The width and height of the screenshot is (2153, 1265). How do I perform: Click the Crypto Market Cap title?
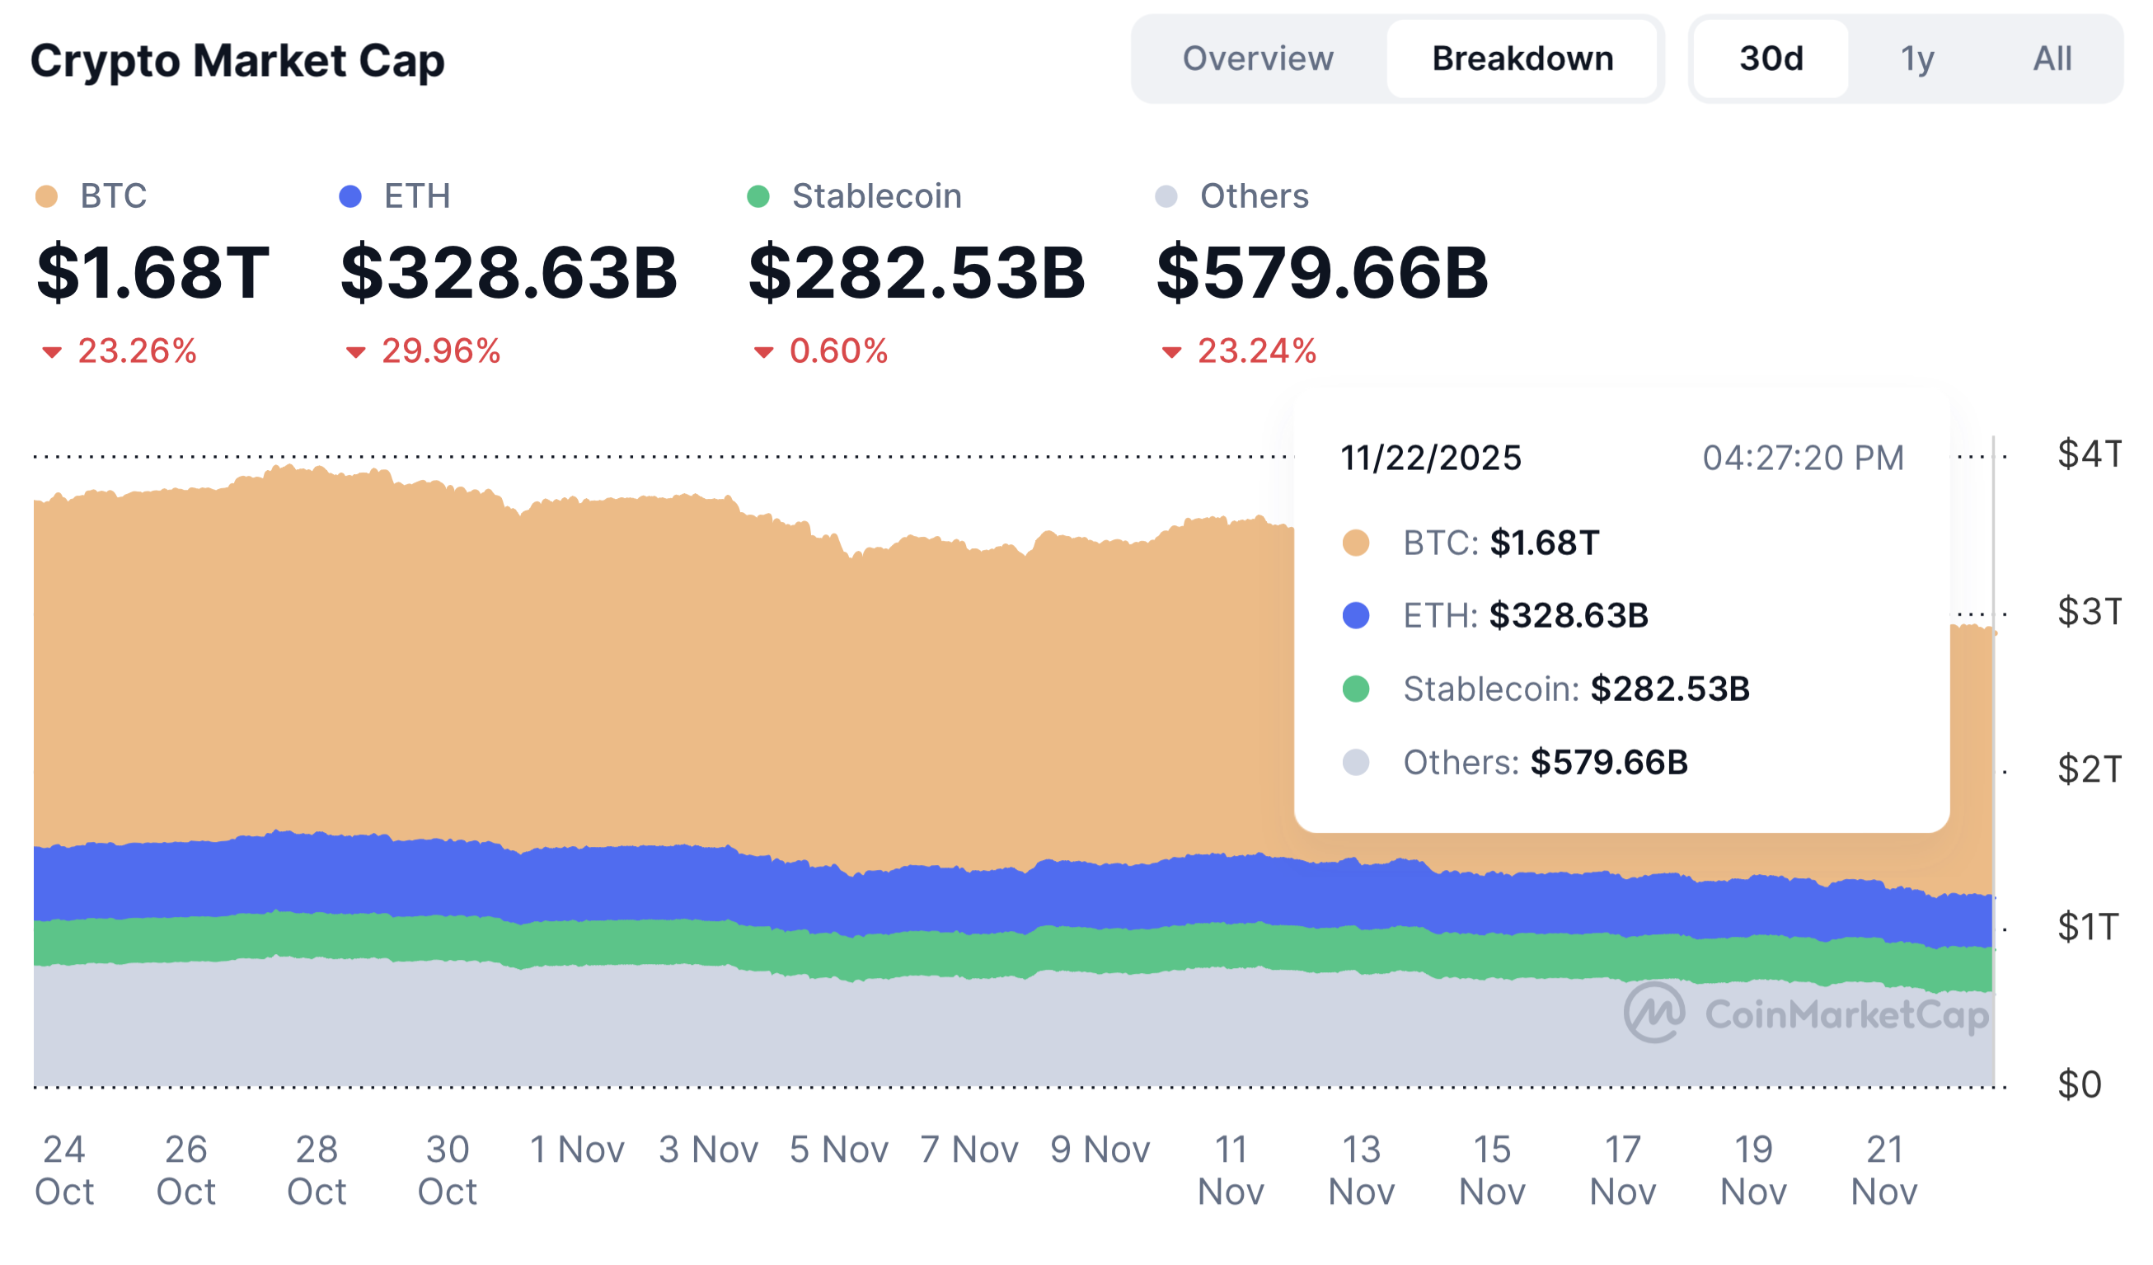coord(237,61)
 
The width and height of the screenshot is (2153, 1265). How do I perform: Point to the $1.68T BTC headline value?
coord(153,273)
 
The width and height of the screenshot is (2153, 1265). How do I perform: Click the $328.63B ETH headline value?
coord(509,273)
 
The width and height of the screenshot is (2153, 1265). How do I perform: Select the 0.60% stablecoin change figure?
coord(837,351)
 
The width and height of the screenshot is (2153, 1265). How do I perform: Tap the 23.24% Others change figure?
coord(1256,351)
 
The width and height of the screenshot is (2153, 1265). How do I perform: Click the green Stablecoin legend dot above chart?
coord(758,196)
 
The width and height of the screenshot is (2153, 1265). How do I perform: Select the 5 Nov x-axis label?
coord(839,1150)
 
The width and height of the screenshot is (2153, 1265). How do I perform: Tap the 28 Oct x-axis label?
coord(317,1170)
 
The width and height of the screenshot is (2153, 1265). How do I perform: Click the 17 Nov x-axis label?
coord(1623,1170)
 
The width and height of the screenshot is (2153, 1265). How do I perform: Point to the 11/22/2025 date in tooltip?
coord(1431,459)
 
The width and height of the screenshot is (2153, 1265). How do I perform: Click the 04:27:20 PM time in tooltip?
coord(1804,459)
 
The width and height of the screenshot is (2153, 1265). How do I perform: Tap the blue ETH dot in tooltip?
coord(1356,615)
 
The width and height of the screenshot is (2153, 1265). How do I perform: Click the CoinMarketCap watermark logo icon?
coord(1655,1013)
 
